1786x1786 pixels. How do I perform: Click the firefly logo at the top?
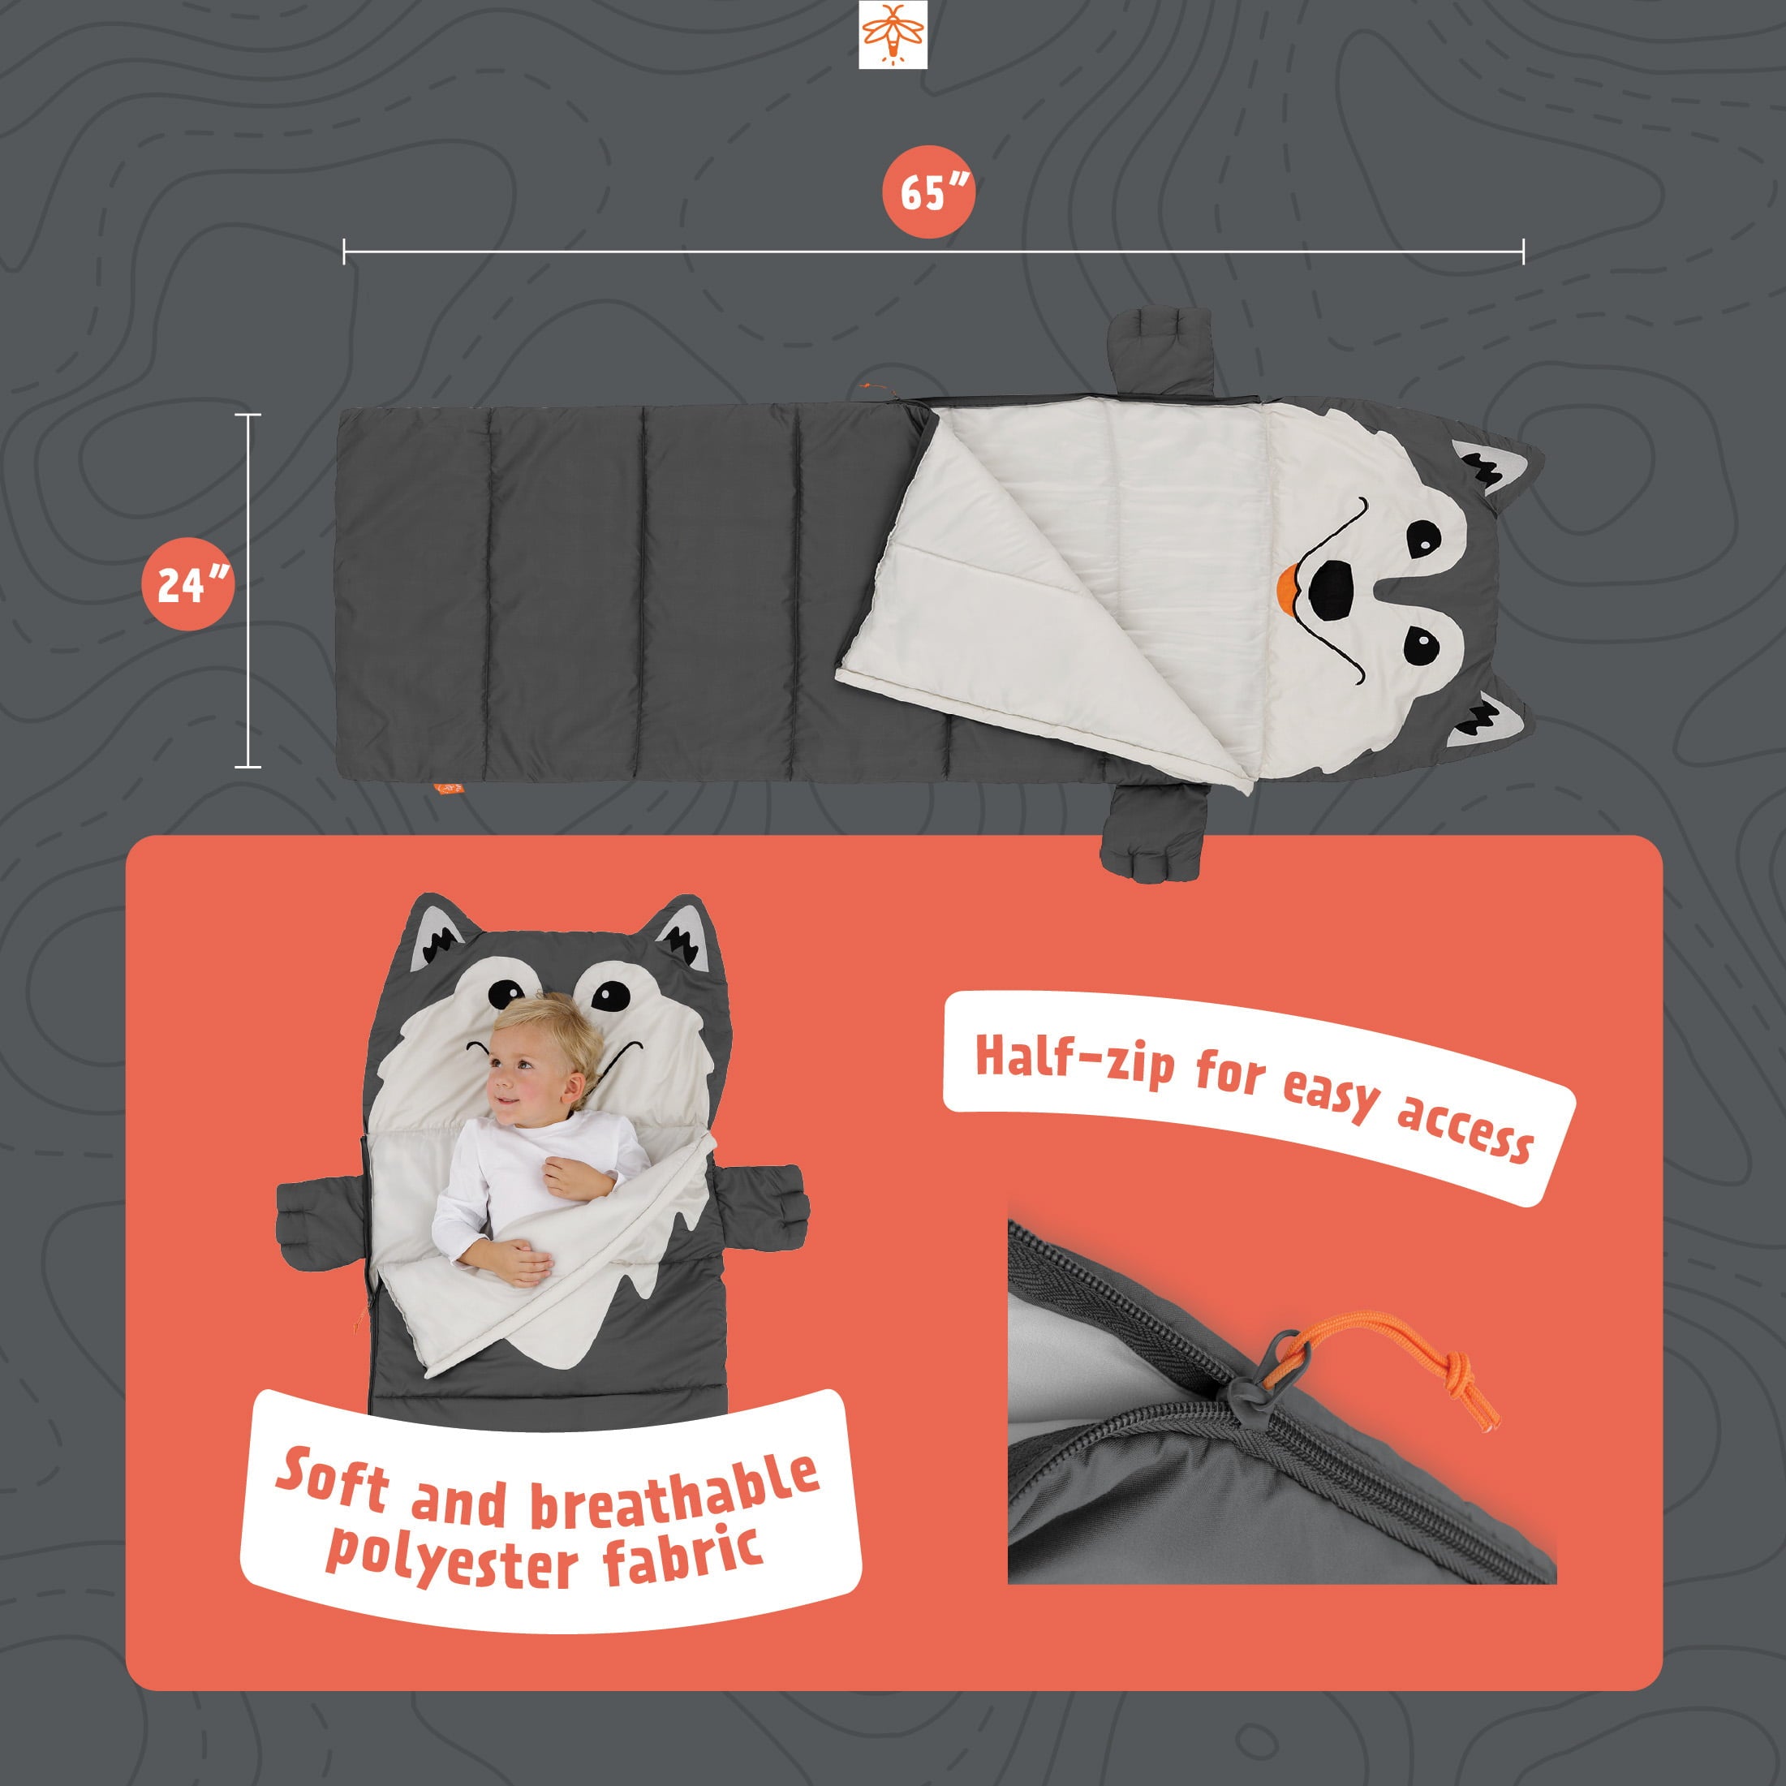tap(892, 34)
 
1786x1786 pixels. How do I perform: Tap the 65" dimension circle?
tap(928, 192)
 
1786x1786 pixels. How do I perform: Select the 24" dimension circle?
tap(188, 583)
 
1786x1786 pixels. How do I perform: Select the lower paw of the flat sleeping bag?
tap(1156, 833)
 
